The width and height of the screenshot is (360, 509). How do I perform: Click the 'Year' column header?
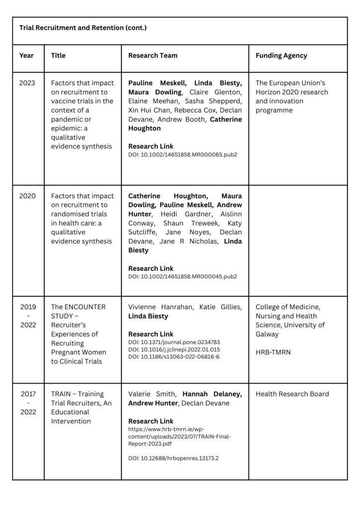pyautogui.click(x=26, y=56)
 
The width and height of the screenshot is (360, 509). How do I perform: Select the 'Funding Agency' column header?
pyautogui.click(x=281, y=56)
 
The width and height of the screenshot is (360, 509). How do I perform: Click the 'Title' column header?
pyautogui.click(x=58, y=56)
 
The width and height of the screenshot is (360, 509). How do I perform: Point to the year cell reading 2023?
pyautogui.click(x=27, y=83)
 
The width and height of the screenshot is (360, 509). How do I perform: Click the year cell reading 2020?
pyautogui.click(x=27, y=196)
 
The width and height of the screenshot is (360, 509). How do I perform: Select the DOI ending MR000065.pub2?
pyautogui.click(x=182, y=155)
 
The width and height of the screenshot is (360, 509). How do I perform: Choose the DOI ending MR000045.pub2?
pyautogui.click(x=182, y=276)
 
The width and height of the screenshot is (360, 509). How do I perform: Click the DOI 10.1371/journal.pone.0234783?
pyautogui.click(x=174, y=342)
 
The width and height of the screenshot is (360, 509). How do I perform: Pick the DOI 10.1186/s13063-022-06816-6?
pyautogui.click(x=174, y=356)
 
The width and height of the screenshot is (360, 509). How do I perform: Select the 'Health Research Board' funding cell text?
pyautogui.click(x=292, y=394)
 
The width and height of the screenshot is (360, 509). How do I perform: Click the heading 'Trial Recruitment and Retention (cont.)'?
pyautogui.click(x=83, y=28)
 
